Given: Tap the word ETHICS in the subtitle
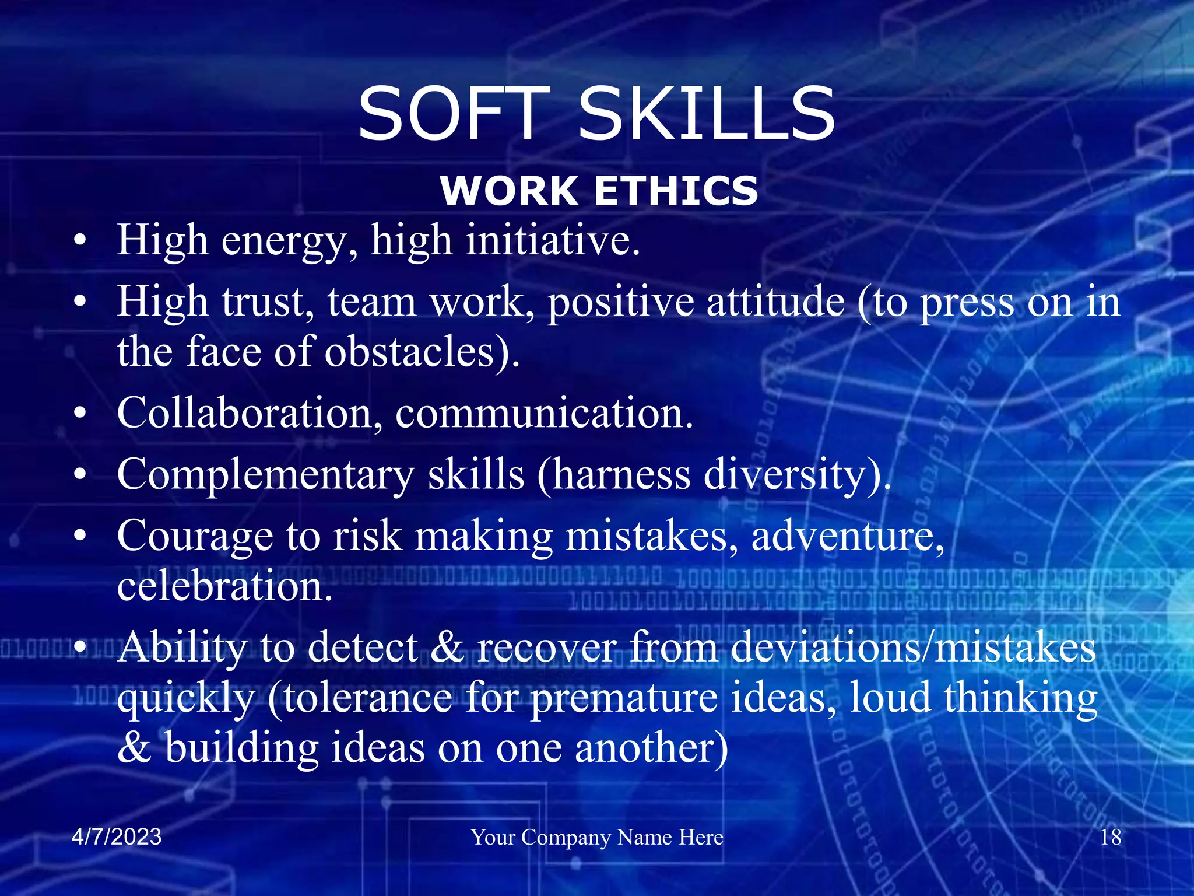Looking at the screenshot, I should coord(676,191).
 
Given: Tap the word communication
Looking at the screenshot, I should coord(544,413).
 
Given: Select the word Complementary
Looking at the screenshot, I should coord(265,474).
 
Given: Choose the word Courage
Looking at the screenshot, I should coord(195,536).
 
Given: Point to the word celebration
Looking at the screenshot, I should coord(224,586).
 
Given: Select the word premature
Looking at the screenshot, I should coord(623,697).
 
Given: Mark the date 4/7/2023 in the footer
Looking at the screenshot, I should coord(117,837).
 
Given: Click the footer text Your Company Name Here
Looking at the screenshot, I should coord(597,837).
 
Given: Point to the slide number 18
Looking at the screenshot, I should coord(1110,837).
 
